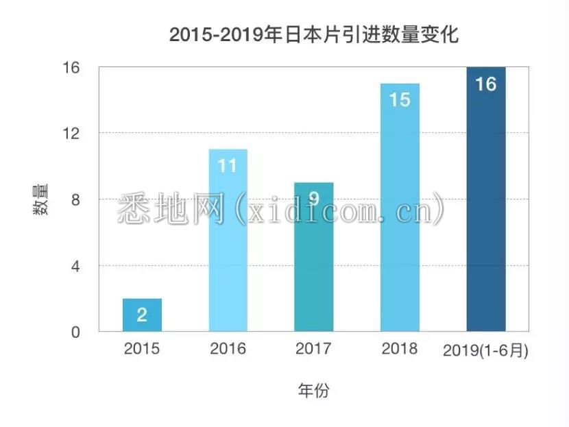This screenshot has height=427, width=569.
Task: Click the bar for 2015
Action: point(142,315)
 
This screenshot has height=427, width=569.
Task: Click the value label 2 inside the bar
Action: point(142,315)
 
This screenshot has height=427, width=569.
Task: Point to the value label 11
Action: point(228,166)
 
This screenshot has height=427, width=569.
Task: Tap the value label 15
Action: point(400,100)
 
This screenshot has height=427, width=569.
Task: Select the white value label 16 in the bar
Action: point(486,84)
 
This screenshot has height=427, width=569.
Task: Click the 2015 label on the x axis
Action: point(142,349)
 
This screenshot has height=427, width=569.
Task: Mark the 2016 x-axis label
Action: point(228,349)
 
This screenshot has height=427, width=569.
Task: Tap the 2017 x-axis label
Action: point(314,349)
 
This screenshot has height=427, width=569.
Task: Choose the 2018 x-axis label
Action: point(400,349)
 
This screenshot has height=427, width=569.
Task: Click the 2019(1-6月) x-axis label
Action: point(486,350)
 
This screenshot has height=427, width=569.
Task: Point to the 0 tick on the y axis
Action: point(75,332)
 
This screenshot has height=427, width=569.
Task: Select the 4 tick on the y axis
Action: point(75,266)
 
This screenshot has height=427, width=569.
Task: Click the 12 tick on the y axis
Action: point(72,133)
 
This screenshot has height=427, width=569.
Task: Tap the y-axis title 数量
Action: point(40,200)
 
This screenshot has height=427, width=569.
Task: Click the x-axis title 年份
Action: point(313,391)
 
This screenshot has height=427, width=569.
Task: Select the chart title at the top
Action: point(313,35)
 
